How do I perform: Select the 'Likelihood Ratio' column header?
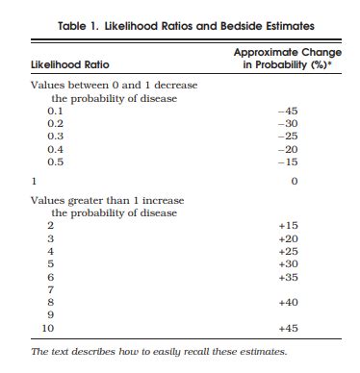point(69,64)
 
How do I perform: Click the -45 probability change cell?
point(287,112)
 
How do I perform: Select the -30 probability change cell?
point(287,124)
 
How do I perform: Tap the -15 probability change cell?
point(287,162)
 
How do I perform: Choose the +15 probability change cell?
point(288,225)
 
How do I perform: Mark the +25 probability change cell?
point(288,250)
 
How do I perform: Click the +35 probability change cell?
point(288,276)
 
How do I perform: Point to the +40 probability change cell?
point(288,302)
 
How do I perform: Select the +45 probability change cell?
point(288,329)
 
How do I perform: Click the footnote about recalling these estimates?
point(159,352)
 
